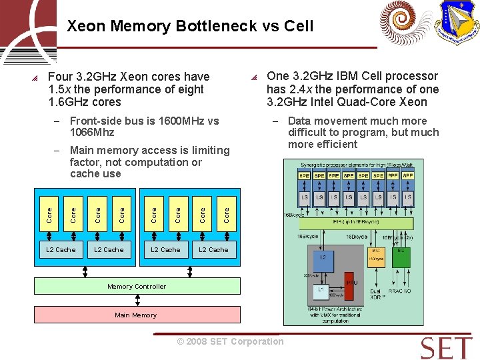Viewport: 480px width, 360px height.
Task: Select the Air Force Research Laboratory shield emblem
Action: coord(457,22)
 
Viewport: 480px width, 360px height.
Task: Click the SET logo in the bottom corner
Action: coord(446,348)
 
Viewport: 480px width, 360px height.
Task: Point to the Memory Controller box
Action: coord(137,286)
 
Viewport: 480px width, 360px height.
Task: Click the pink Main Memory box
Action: coord(136,315)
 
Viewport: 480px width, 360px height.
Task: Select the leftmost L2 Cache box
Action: coord(61,249)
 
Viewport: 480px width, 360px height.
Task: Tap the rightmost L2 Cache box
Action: coord(213,249)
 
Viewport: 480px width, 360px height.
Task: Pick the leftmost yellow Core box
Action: coord(49,214)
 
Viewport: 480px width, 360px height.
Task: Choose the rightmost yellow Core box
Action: coord(227,214)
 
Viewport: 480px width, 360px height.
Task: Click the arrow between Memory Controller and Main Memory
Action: coord(136,301)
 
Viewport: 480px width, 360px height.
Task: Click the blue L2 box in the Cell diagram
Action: coord(323,258)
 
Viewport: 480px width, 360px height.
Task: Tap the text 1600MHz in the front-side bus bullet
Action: coord(179,121)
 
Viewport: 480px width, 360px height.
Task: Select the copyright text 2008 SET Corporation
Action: coord(230,341)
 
